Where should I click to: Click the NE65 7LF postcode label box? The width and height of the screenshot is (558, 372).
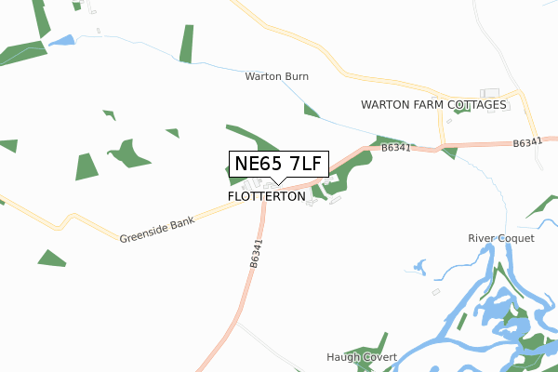(279, 164)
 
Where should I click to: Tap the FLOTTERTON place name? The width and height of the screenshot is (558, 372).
(266, 197)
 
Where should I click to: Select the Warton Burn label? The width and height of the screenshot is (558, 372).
(276, 76)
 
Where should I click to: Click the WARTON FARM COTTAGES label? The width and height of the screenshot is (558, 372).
(434, 105)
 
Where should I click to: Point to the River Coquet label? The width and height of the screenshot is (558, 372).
(501, 238)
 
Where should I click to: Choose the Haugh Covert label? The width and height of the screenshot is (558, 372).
(362, 357)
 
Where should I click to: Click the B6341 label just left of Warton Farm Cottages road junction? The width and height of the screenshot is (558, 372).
(396, 147)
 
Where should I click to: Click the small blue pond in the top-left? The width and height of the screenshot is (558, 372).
(61, 41)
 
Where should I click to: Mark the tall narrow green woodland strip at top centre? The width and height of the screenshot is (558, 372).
(187, 45)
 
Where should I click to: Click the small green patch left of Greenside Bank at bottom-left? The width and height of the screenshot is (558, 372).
(52, 258)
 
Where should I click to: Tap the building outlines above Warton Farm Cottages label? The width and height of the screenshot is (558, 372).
(489, 93)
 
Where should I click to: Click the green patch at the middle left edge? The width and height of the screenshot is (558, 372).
(7, 145)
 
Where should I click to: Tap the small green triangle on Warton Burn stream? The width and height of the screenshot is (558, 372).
(311, 111)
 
